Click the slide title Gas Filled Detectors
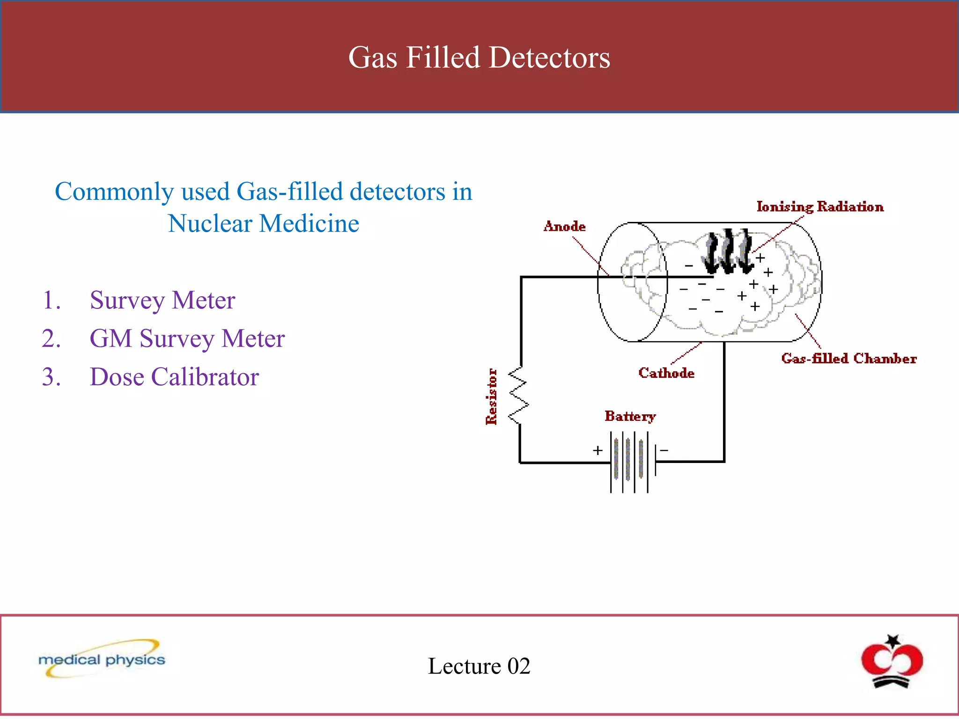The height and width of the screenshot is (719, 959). tap(479, 58)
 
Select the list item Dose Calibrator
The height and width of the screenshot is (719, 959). tap(174, 377)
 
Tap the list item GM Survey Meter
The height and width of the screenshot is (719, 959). tap(187, 338)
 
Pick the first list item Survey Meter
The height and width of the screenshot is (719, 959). tap(162, 300)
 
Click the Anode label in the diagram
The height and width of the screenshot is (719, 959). tap(564, 227)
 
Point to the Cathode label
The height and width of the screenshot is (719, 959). tap(666, 373)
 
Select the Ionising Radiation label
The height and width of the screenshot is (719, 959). tap(820, 206)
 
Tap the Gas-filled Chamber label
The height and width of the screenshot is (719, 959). tap(848, 359)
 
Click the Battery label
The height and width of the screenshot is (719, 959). tap(630, 416)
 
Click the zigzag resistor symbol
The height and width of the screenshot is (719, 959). tap(518, 396)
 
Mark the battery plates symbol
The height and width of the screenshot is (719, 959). tap(629, 462)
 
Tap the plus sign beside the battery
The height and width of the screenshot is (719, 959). tap(598, 450)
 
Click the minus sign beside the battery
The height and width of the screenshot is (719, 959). tap(664, 450)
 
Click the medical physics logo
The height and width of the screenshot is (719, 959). tap(102, 659)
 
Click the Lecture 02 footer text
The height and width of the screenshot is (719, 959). tap(479, 666)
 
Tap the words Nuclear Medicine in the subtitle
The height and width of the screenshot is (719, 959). tap(263, 223)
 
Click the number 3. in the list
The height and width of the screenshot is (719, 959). tap(51, 377)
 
